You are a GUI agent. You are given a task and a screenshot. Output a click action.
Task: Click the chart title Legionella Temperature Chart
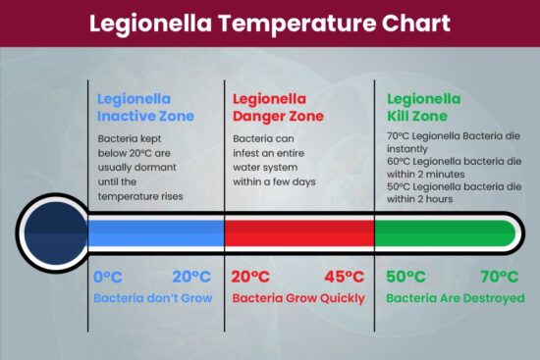pyautogui.click(x=270, y=23)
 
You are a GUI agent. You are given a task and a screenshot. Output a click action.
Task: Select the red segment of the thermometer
pyautogui.click(x=299, y=232)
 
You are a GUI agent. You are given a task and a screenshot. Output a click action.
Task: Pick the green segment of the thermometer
pyautogui.click(x=444, y=232)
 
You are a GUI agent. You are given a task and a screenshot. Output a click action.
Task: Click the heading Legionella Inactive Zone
pyautogui.click(x=145, y=107)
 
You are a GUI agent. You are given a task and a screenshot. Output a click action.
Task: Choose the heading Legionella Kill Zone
pyautogui.click(x=423, y=107)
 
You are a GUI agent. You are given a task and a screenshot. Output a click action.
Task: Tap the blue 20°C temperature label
pyautogui.click(x=191, y=277)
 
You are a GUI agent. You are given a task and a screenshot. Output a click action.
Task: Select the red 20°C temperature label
pyautogui.click(x=251, y=277)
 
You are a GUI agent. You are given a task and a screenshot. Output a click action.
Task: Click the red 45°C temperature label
pyautogui.click(x=344, y=277)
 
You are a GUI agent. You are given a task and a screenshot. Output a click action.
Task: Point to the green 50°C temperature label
pyautogui.click(x=406, y=277)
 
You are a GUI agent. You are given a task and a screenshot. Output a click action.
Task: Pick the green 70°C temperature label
pyautogui.click(x=500, y=277)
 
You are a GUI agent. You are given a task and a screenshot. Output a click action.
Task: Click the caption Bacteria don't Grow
pyautogui.click(x=152, y=298)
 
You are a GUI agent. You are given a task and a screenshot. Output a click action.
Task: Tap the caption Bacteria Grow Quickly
pyautogui.click(x=297, y=298)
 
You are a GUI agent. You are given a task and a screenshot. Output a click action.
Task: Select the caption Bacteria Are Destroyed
pyautogui.click(x=455, y=298)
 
